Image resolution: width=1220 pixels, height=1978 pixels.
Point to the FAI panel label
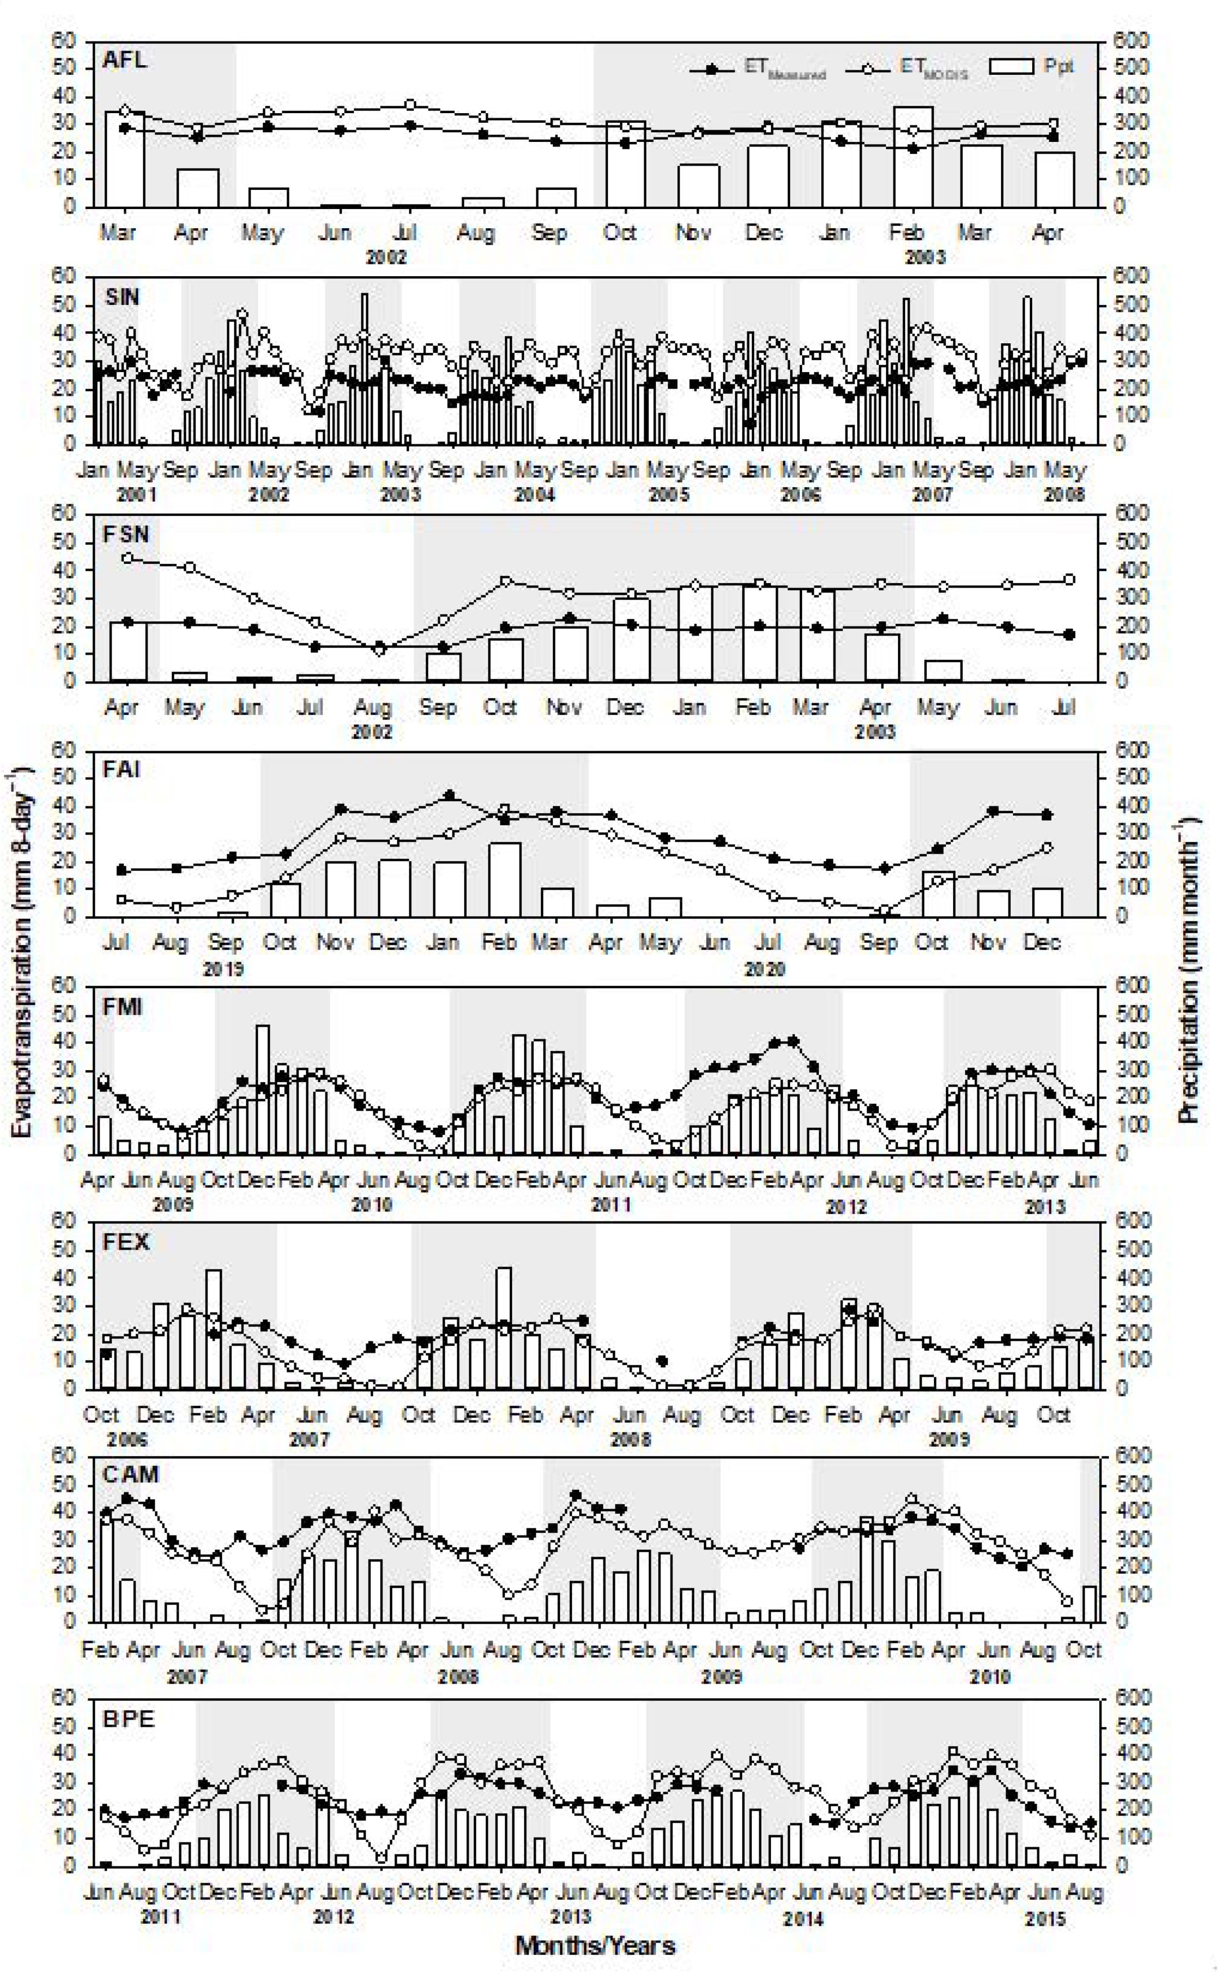(122, 769)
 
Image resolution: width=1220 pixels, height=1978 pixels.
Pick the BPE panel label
(128, 1719)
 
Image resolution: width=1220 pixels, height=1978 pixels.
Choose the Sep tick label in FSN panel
(437, 708)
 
